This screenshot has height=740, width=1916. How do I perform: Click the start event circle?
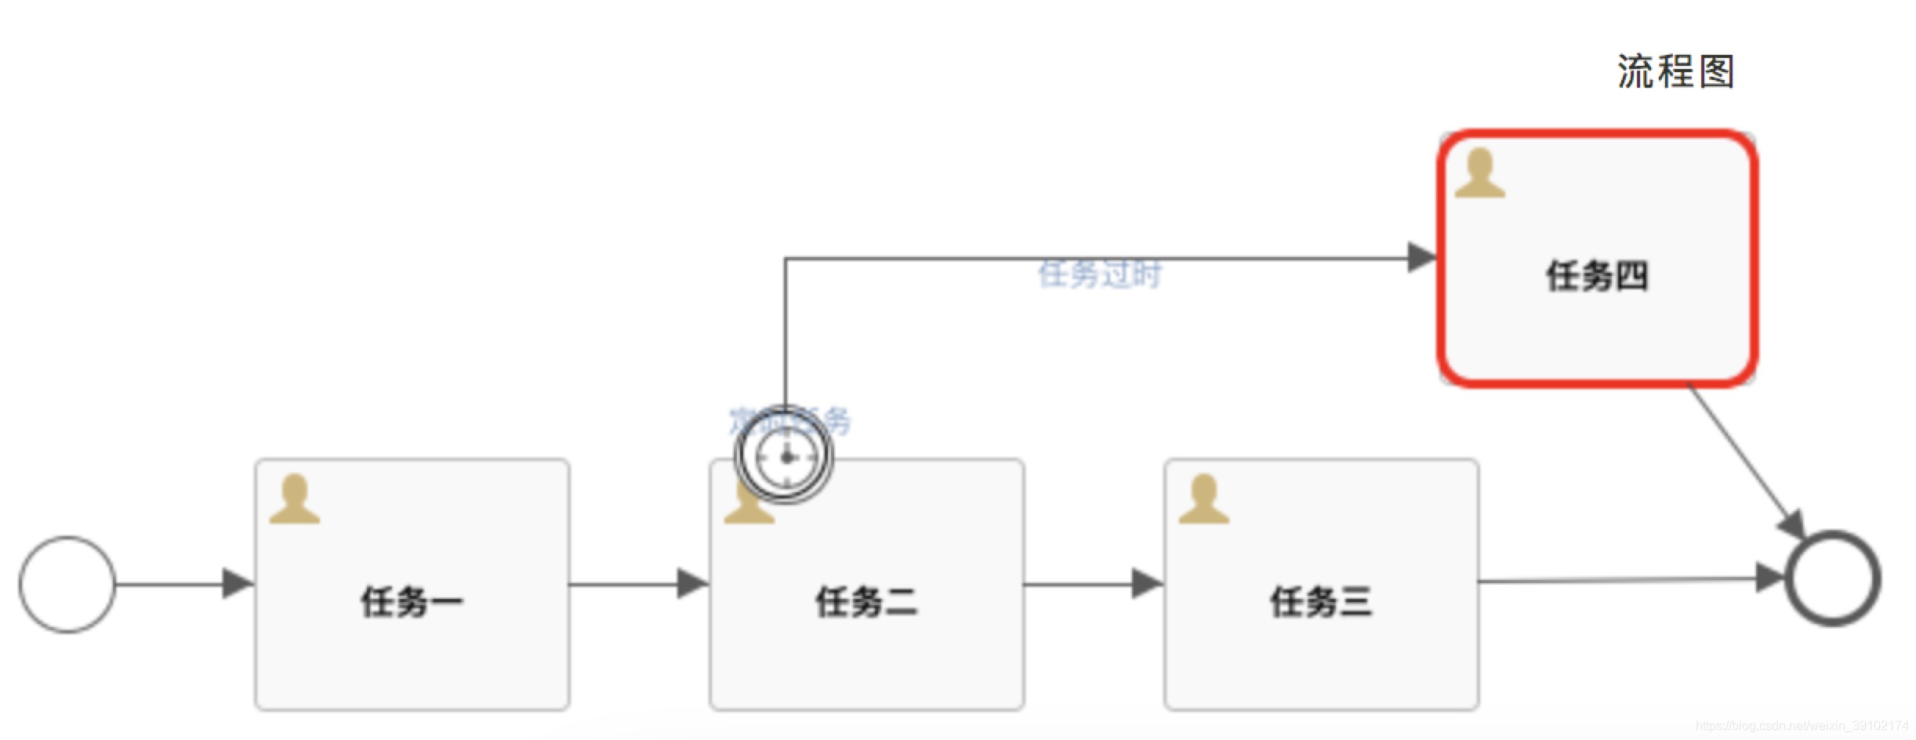coord(67,584)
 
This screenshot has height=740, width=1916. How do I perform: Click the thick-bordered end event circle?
coord(1833,579)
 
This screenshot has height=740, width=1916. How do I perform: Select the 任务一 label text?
coord(412,602)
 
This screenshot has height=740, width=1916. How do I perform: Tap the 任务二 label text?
coord(866,602)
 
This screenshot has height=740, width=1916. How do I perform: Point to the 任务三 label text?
coord(1321,602)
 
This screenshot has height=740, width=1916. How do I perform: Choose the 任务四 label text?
coord(1597,276)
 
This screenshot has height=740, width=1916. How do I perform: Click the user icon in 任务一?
coord(295,499)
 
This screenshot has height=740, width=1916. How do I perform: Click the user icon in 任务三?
coord(1203,499)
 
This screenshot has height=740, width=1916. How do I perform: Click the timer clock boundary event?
coord(785,455)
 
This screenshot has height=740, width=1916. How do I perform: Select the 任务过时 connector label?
coord(1099,274)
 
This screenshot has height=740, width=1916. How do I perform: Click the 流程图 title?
coord(1675,72)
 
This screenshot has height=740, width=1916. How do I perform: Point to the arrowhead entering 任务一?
coord(237,584)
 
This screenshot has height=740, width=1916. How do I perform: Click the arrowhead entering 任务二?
coord(691,584)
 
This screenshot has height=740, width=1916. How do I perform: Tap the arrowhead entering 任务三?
coord(1146,584)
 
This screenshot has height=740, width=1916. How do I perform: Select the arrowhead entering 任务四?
coord(1421,257)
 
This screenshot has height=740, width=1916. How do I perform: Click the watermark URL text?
coord(1802,726)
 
